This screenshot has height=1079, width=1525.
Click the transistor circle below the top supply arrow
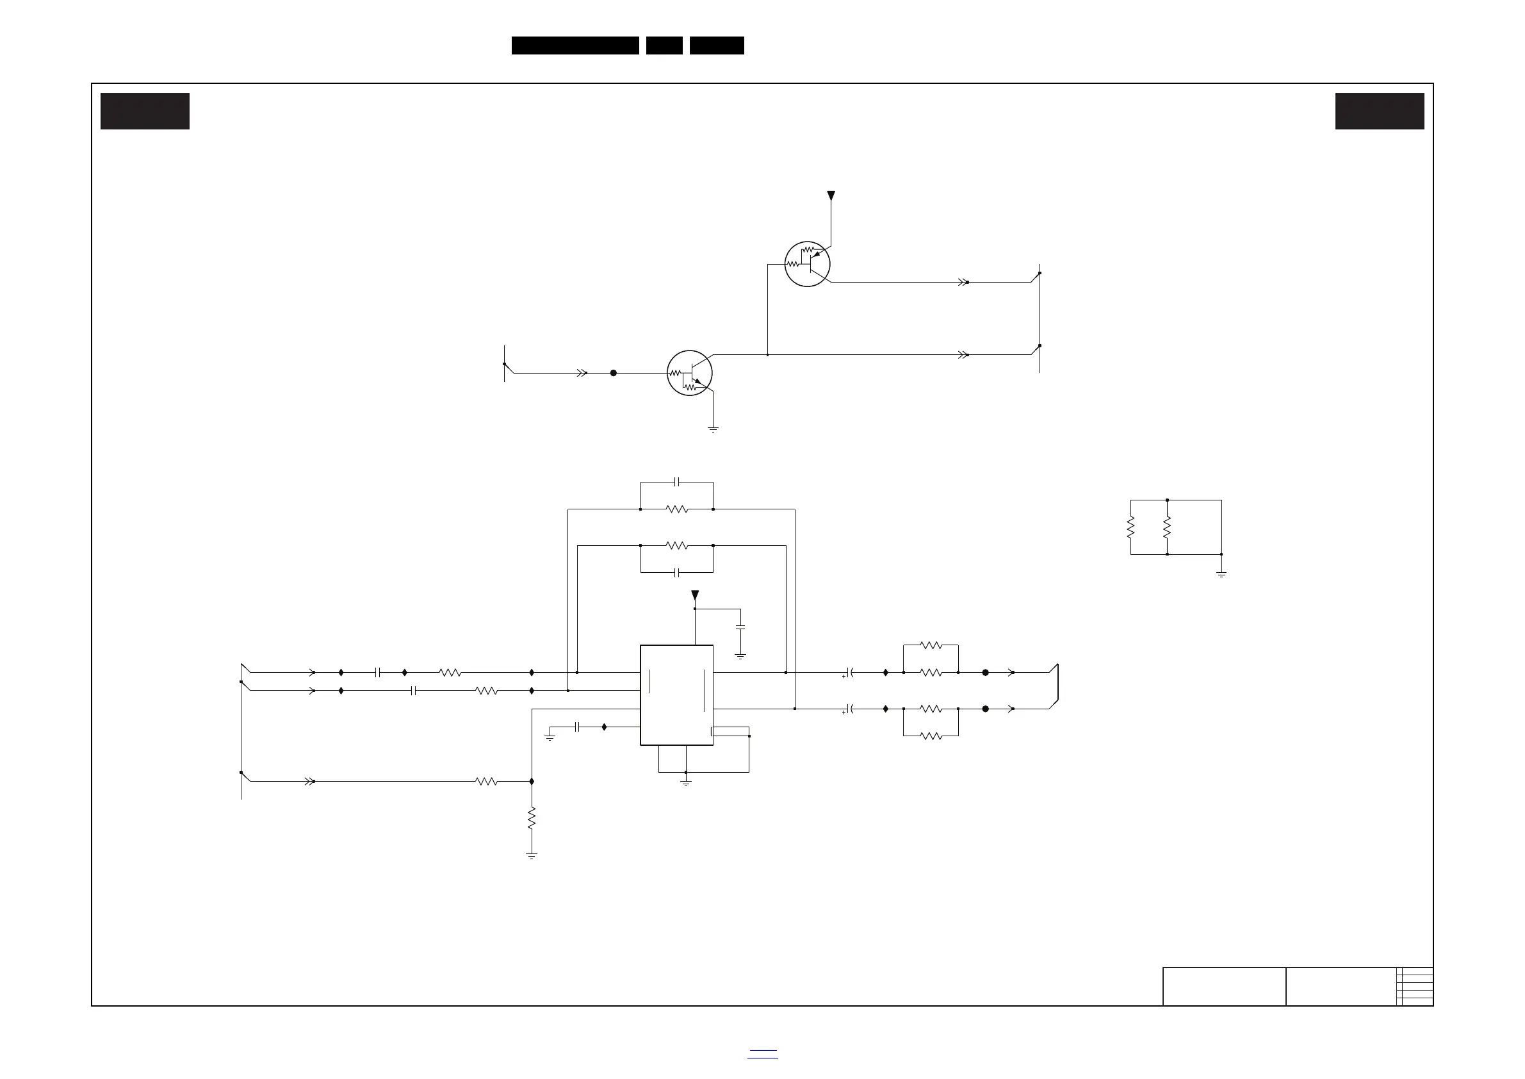[807, 264]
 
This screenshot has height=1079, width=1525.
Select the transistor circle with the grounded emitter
[689, 373]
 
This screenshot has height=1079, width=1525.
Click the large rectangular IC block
[676, 695]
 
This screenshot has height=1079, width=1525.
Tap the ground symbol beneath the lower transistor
[713, 429]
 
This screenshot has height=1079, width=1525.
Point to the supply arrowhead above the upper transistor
[831, 196]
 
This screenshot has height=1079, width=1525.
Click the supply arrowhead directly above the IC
[695, 595]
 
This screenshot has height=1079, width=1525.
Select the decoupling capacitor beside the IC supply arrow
[740, 627]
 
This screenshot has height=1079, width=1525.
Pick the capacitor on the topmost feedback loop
[676, 482]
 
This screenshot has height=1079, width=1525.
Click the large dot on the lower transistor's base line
[613, 373]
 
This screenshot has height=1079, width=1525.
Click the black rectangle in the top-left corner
[145, 111]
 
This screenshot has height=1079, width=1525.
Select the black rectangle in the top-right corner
[1380, 111]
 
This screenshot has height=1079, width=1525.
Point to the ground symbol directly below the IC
[686, 784]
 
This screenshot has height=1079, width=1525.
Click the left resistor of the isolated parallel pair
[1130, 527]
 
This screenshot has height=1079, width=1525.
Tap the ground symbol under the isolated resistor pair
[1221, 574]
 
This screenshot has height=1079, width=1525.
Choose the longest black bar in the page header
[575, 45]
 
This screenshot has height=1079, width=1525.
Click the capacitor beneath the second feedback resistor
[676, 572]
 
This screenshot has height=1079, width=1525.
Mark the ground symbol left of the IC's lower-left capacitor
[550, 737]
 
